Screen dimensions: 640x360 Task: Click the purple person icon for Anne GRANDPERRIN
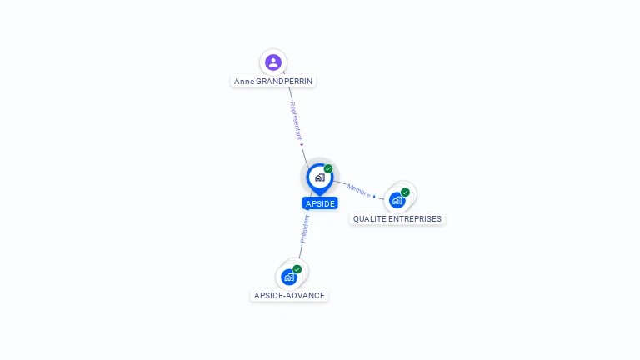click(x=273, y=62)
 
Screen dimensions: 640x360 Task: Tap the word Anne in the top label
click(x=244, y=82)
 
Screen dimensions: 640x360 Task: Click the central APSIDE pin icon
click(x=319, y=177)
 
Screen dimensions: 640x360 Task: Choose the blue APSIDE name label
click(x=320, y=203)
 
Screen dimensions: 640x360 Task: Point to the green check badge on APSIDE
click(x=328, y=169)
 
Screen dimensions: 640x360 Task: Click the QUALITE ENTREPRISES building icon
click(x=397, y=200)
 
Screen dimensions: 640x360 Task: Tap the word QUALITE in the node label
click(x=369, y=219)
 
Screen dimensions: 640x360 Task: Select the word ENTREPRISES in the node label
click(x=414, y=219)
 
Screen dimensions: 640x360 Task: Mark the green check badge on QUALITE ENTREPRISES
click(x=405, y=192)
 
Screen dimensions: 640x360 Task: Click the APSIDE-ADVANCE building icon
click(x=289, y=277)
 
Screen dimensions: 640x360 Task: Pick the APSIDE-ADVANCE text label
click(x=289, y=295)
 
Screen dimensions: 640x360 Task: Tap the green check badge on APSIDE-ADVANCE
click(x=297, y=269)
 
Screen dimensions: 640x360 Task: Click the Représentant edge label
click(x=295, y=121)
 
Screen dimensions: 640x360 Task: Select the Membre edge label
click(x=358, y=190)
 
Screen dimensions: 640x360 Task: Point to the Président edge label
click(x=305, y=228)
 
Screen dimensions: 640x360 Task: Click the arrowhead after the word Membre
click(x=375, y=197)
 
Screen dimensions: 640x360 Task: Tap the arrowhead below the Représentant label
click(x=302, y=145)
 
